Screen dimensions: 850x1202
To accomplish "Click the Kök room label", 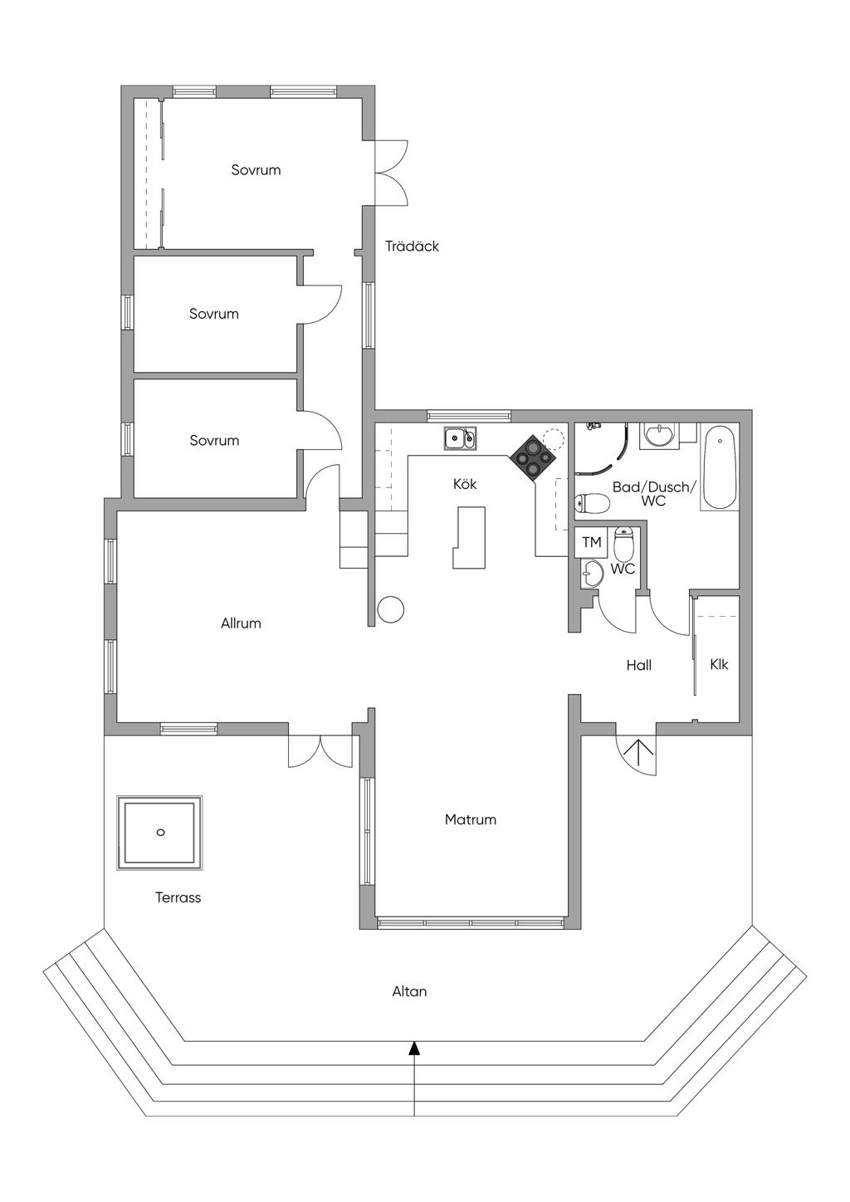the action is (x=465, y=484).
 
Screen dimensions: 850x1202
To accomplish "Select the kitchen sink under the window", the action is (x=459, y=437).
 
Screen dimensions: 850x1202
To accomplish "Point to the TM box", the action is (x=591, y=543).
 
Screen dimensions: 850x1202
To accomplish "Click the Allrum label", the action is (x=241, y=623).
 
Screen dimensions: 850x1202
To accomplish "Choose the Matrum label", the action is (x=470, y=819).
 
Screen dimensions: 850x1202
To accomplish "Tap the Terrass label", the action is (x=178, y=897).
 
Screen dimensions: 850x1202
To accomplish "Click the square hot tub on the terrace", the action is (x=160, y=833).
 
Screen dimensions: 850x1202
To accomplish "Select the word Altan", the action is (x=409, y=991).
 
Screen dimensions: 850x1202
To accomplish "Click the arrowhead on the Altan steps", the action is (x=413, y=1048).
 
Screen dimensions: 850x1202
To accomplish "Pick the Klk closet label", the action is (x=719, y=664).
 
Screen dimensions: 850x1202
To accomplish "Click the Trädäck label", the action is (x=412, y=247).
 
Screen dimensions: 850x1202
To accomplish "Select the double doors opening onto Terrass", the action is (x=320, y=750).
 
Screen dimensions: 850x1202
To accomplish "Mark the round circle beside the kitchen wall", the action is (x=390, y=609).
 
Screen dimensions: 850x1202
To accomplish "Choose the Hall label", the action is (x=638, y=665).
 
